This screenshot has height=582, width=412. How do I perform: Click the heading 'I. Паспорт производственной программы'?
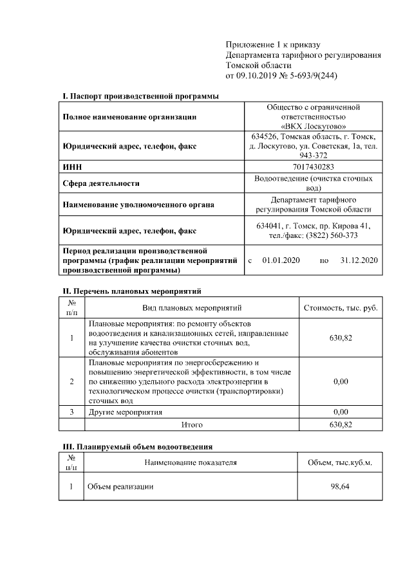(140, 96)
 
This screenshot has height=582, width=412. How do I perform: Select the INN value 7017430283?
(313, 167)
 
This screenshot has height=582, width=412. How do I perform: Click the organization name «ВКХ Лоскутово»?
(313, 127)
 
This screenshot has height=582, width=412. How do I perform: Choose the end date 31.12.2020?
(359, 260)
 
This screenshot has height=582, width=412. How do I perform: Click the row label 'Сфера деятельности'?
(101, 183)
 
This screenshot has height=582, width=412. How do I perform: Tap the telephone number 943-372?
(314, 156)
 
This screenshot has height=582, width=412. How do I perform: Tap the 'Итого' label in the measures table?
(192, 425)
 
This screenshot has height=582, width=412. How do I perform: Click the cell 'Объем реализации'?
(121, 487)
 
